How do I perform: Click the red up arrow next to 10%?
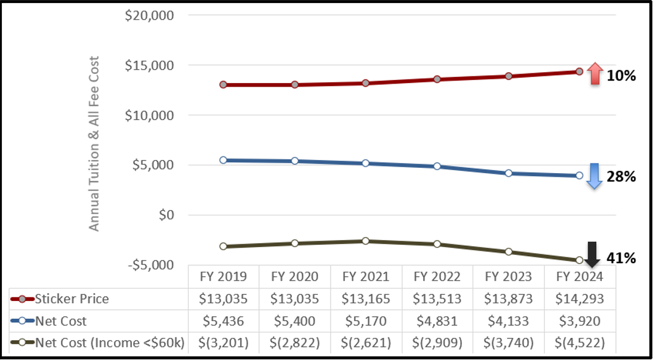(594, 74)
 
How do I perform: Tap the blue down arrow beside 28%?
(594, 176)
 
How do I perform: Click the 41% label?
(621, 259)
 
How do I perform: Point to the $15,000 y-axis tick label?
(149, 66)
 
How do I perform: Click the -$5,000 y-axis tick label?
(150, 264)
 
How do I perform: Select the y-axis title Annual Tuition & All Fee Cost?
(94, 143)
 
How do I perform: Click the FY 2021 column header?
(365, 277)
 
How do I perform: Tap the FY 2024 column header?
(579, 277)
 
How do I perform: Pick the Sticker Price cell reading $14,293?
(579, 299)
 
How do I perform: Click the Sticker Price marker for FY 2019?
(223, 85)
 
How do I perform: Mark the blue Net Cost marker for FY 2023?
(508, 173)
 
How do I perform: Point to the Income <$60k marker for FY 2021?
(365, 241)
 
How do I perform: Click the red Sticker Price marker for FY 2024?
(579, 72)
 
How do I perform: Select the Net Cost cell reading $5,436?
(223, 321)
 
